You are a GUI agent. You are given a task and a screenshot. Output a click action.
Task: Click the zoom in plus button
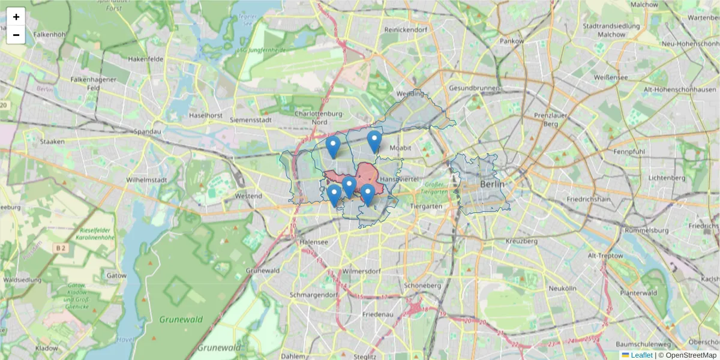[x=16, y=17]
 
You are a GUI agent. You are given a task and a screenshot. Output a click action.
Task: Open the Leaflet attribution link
[x=641, y=355]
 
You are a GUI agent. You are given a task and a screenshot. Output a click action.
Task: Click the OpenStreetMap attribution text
[x=691, y=355]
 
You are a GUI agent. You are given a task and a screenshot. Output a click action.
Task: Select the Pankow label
[x=512, y=41]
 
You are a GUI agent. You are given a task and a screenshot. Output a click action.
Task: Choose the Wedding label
[x=410, y=94]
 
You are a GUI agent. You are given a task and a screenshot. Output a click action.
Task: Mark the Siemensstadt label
[x=251, y=120]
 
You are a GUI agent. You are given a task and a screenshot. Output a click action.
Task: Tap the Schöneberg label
[x=422, y=286]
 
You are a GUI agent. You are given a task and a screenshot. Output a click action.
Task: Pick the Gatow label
[x=116, y=275]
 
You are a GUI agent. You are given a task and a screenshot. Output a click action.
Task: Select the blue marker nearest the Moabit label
[x=374, y=142]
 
